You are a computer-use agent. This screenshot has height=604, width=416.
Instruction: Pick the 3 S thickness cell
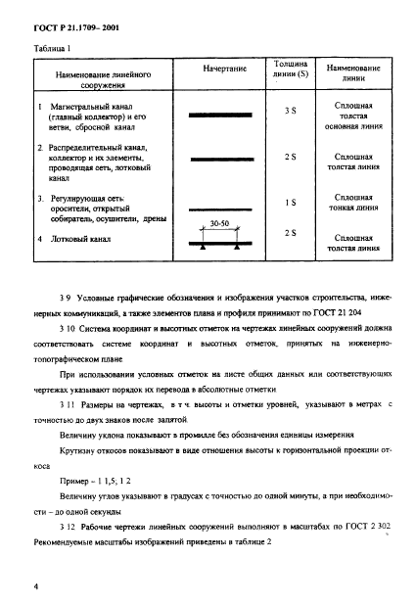[290, 112]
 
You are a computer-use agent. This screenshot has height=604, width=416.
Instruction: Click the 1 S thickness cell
[290, 203]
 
